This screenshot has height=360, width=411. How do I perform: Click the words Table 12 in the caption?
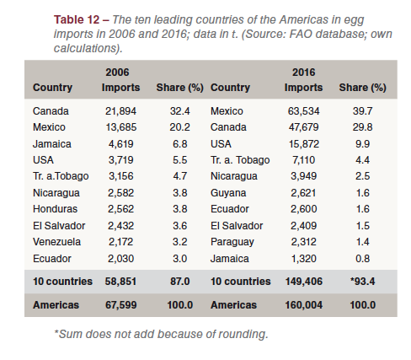pyautogui.click(x=77, y=19)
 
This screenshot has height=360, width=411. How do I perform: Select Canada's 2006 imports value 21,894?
pyautogui.click(x=120, y=111)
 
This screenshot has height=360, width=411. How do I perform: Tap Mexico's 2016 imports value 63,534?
pyautogui.click(x=303, y=111)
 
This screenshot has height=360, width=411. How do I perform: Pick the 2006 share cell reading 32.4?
pyautogui.click(x=179, y=111)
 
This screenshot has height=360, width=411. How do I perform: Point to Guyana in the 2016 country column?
pyautogui.click(x=228, y=193)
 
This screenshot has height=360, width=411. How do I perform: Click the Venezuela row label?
pyautogui.click(x=56, y=242)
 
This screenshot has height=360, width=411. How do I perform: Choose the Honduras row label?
pyautogui.click(x=55, y=209)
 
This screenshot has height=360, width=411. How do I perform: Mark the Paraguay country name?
pyautogui.click(x=232, y=242)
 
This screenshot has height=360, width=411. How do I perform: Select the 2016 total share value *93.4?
pyautogui.click(x=362, y=282)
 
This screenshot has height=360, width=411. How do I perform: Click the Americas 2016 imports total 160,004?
pyautogui.click(x=304, y=305)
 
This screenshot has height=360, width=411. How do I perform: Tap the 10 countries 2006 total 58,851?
pyautogui.click(x=120, y=282)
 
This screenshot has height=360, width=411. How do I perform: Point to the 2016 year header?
pyautogui.click(x=304, y=73)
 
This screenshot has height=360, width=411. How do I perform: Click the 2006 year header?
pyautogui.click(x=117, y=73)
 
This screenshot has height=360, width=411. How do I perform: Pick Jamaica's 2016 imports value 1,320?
pyautogui.click(x=303, y=259)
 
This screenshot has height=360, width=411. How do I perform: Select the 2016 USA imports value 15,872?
pyautogui.click(x=304, y=144)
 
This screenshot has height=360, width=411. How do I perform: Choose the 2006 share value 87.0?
pyautogui.click(x=179, y=282)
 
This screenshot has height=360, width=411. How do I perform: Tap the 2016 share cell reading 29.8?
pyautogui.click(x=362, y=127)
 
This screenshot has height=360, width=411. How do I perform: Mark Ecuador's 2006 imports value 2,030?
pyautogui.click(x=120, y=259)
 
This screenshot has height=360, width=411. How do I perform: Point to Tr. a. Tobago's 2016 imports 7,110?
pyautogui.click(x=303, y=160)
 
